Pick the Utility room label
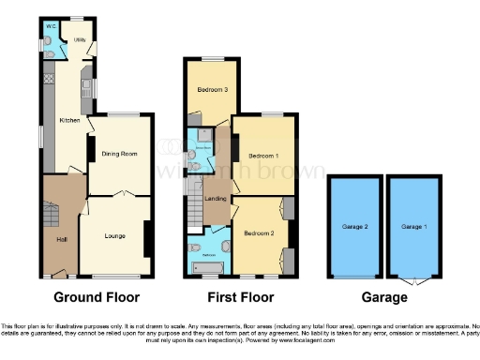tap(67, 40)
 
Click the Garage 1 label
tap(413, 226)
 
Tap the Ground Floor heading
tap(97, 298)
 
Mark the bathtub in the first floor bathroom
tap(207, 268)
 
